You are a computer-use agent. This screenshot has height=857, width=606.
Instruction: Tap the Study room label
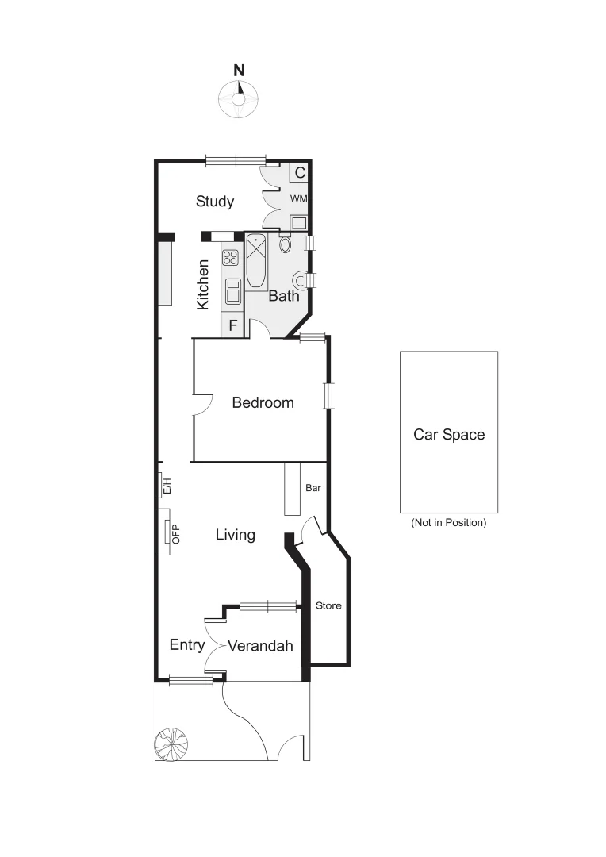tap(215, 202)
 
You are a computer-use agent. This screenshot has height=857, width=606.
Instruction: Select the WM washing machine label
tap(299, 198)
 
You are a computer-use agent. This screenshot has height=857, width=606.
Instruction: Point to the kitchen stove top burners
tap(231, 257)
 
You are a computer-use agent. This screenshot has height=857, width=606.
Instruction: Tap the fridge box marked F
tap(233, 325)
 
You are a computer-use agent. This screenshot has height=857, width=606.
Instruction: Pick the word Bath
tap(284, 297)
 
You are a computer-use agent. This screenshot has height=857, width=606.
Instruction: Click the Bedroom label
tap(263, 403)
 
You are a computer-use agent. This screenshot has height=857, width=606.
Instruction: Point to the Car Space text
tap(449, 435)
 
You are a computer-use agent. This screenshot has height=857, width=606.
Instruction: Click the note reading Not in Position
tap(449, 523)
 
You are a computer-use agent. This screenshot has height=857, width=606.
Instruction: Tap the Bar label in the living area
tap(313, 488)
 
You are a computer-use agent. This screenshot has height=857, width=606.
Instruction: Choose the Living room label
tap(236, 535)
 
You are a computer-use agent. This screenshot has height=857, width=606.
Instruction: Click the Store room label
tap(328, 606)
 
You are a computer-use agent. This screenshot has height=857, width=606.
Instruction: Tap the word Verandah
tap(260, 647)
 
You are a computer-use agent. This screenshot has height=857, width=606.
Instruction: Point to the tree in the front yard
tap(172, 744)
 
